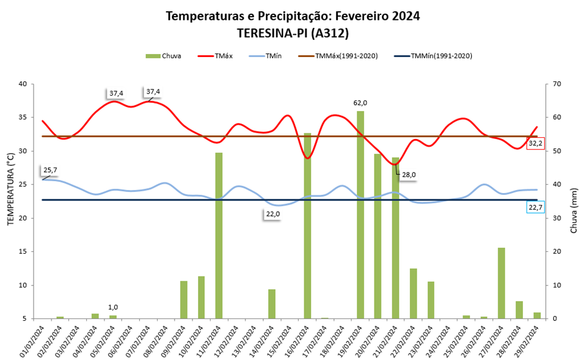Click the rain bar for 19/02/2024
point(360,214)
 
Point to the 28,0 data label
point(408,175)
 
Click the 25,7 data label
point(51,169)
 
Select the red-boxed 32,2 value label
point(535,143)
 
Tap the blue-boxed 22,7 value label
point(535,208)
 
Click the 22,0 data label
point(273,214)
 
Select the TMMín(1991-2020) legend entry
point(433,56)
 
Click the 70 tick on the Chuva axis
point(556,84)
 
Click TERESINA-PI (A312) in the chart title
point(292,32)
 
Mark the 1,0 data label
point(113,307)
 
